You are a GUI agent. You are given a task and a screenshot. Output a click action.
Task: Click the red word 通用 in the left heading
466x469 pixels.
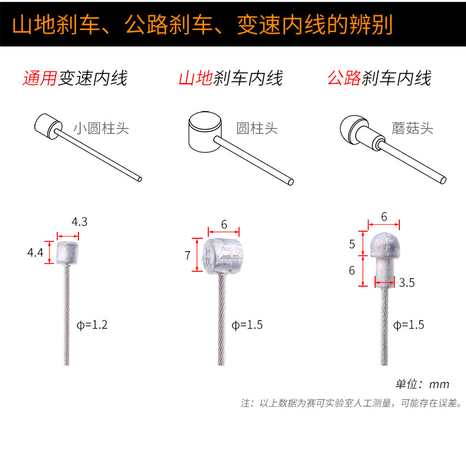40,78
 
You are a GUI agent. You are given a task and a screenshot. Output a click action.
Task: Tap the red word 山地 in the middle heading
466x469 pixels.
196,78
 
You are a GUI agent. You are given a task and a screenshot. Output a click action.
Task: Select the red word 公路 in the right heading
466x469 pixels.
344,78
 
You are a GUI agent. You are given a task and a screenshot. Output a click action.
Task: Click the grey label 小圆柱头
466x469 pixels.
101,129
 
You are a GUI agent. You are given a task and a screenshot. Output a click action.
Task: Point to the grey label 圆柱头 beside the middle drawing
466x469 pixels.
257,129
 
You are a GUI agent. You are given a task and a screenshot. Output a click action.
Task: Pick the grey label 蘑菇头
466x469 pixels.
412,129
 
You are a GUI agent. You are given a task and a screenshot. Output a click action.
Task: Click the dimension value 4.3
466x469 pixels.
80,222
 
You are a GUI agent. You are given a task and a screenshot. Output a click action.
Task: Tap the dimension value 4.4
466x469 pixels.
35,252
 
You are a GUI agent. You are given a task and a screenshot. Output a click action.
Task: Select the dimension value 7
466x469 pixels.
188,255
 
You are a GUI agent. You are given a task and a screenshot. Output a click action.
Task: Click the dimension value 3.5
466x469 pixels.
407,283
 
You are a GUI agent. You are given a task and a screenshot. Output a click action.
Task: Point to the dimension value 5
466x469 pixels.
352,244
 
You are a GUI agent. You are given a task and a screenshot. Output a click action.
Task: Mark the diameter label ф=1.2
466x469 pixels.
92,325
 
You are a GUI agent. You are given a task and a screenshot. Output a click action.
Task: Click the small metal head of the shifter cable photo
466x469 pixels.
67,253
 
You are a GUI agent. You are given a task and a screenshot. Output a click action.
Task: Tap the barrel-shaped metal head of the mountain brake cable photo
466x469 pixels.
222,256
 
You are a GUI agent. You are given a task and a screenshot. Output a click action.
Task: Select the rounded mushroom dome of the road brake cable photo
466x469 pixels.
385,245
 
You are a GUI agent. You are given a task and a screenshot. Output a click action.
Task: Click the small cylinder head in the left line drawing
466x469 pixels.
48,126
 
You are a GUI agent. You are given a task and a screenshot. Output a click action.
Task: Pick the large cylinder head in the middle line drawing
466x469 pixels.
205,132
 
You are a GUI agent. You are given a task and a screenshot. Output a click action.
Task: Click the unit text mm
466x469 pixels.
439,385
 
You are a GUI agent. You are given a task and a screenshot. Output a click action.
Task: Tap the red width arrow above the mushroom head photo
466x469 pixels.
384,224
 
